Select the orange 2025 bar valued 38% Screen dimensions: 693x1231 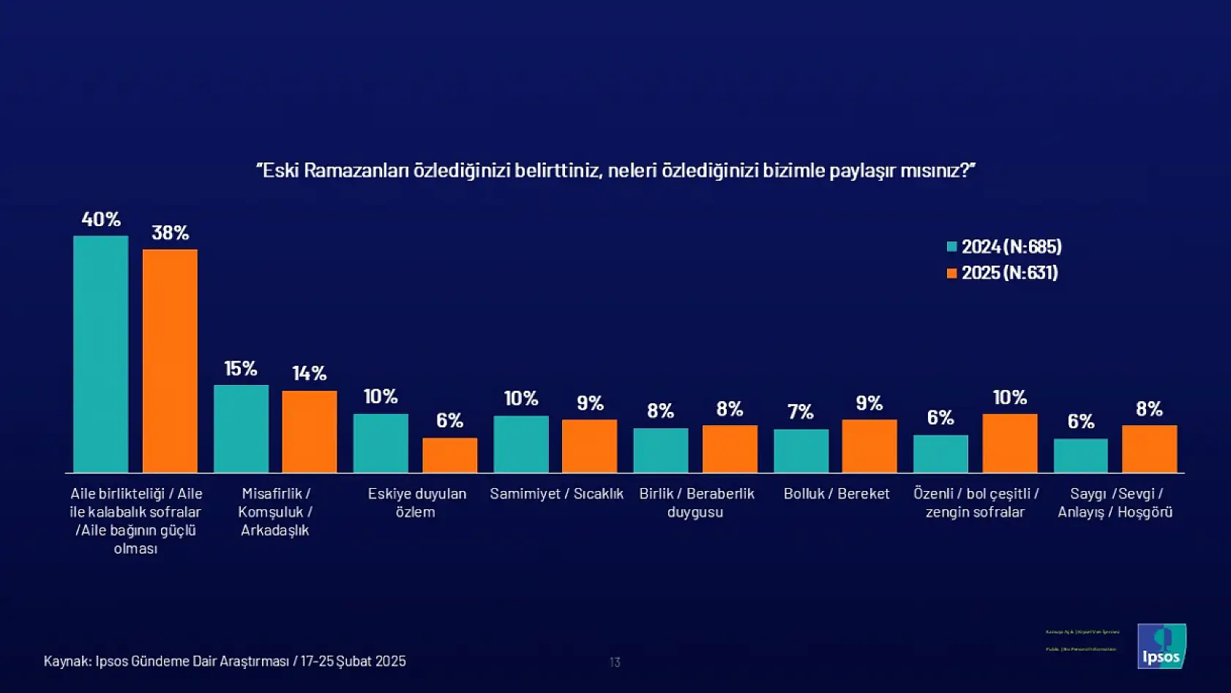click(170, 361)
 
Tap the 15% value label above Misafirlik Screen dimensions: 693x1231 click(241, 368)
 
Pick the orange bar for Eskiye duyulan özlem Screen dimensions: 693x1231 click(449, 455)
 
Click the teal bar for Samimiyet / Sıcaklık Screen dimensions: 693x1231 click(521, 444)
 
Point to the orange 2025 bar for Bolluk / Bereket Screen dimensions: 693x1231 click(869, 446)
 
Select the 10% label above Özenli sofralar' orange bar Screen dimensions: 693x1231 click(1009, 397)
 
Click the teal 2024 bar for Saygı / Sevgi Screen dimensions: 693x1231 click(1080, 455)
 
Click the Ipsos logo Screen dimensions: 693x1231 click(1161, 646)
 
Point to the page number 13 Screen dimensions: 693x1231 click(615, 662)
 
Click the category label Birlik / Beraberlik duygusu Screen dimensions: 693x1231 click(696, 503)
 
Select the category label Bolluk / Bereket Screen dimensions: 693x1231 click(837, 494)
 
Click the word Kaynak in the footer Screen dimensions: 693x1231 click(67, 662)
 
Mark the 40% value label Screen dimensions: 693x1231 click(101, 219)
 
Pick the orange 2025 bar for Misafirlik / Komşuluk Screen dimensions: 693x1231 click(310, 431)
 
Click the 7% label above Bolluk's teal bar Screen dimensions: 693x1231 click(801, 412)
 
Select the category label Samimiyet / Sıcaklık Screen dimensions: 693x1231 click(556, 494)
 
